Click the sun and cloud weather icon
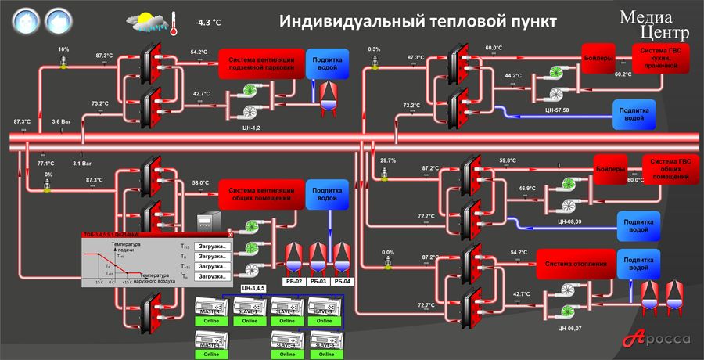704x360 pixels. [x=149, y=22]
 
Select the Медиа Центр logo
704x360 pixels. [x=655, y=24]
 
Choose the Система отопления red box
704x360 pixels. [x=576, y=265]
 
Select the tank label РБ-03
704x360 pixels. [x=318, y=280]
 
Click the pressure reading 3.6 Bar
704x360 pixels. [x=62, y=121]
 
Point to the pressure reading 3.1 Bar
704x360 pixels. [x=82, y=164]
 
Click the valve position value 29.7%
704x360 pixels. [x=388, y=160]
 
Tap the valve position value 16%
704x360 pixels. [x=64, y=49]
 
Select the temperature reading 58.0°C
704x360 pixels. [x=200, y=182]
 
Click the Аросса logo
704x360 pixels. [x=662, y=339]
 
